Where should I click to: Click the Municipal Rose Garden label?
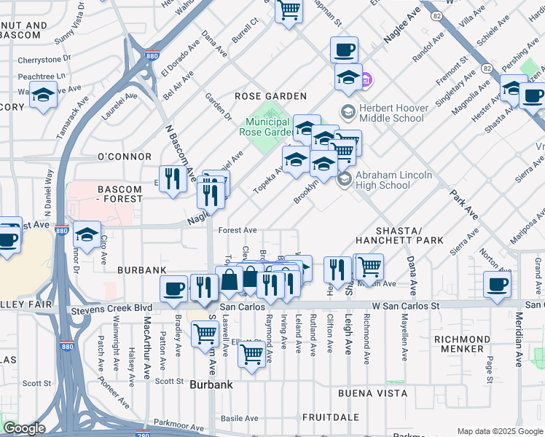point(267,127)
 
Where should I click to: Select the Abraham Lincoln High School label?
point(393,180)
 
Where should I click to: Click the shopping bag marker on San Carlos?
point(230,280)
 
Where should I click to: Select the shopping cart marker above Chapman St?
point(289,10)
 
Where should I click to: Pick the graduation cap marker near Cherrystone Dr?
point(44,95)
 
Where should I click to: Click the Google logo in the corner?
point(24,428)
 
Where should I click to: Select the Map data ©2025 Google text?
point(499,431)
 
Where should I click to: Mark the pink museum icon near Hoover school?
point(366,79)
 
